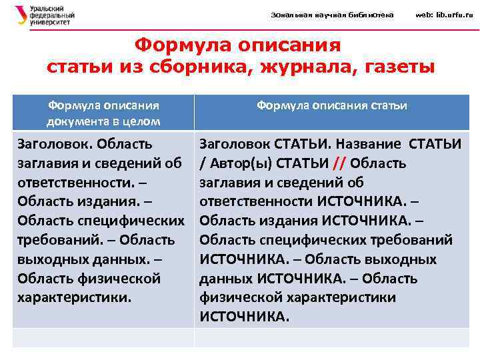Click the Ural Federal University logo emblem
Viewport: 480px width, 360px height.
coord(21,15)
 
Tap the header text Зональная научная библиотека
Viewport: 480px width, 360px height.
coord(332,15)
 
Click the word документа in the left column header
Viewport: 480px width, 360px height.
coord(74,121)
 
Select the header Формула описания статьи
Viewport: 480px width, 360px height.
coord(332,105)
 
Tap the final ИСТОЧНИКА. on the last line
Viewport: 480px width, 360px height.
coord(245,317)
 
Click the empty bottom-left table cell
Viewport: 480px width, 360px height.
coord(103,337)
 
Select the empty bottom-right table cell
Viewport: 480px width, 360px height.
coord(331,337)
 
